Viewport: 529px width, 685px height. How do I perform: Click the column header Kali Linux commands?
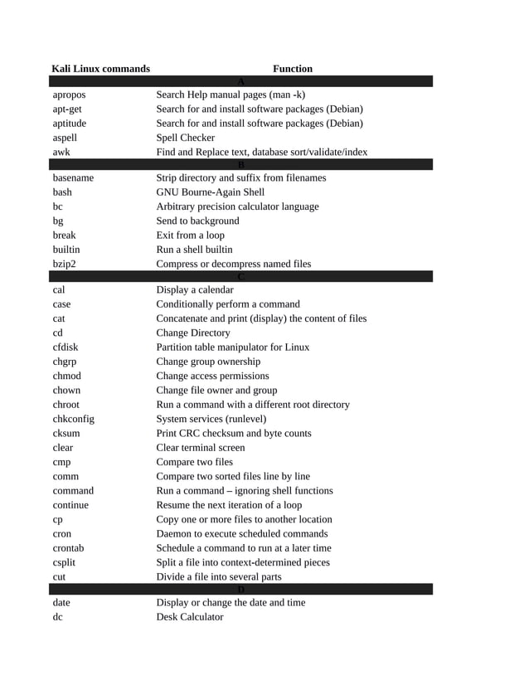pos(100,69)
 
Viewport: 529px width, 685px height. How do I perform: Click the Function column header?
pos(293,69)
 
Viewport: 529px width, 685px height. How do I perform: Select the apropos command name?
pos(69,95)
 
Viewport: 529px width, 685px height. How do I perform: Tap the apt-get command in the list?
pos(67,109)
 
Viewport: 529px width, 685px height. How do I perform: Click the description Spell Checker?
pos(186,138)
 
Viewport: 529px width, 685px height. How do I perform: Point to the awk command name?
pos(61,153)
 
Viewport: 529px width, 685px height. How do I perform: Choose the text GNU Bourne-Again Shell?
pos(211,192)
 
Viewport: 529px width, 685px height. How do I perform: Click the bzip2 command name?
pos(64,264)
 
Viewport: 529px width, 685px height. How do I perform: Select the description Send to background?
pos(197,221)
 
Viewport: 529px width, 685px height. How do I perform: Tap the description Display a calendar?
pos(195,289)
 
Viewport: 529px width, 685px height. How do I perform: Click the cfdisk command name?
pos(66,347)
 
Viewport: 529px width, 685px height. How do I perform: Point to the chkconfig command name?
pos(73,419)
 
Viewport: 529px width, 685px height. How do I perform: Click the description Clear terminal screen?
pos(201,447)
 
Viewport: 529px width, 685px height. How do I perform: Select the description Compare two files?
pos(195,462)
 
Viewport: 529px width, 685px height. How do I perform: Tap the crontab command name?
pos(68,548)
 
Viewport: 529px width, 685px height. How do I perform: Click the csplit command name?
pos(66,562)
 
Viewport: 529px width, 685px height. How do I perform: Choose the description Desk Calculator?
pos(190,617)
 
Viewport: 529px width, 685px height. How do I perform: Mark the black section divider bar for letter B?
pos(240,164)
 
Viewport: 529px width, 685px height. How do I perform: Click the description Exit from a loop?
pos(191,235)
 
